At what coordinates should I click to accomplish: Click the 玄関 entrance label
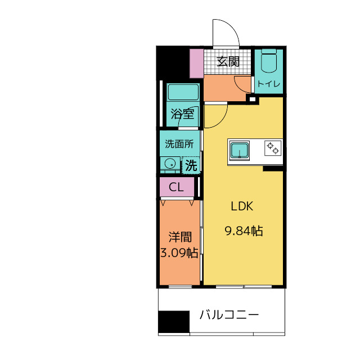tap(228, 61)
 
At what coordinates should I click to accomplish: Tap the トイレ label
tap(268, 84)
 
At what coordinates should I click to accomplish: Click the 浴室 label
tap(182, 115)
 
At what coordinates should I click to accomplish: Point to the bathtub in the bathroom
tap(183, 92)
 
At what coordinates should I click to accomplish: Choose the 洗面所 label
tap(179, 143)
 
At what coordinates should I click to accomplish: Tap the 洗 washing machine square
tap(191, 165)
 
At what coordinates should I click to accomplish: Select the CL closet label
tap(176, 188)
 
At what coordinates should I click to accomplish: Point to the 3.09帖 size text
tap(179, 253)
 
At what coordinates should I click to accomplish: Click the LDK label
tap(242, 206)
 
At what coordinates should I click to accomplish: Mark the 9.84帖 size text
tap(244, 230)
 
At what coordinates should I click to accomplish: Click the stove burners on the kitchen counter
tap(273, 148)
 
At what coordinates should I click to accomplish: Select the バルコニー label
tap(229, 314)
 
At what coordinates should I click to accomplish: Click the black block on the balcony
tap(174, 322)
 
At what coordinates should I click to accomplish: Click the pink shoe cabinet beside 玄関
tap(196, 64)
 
